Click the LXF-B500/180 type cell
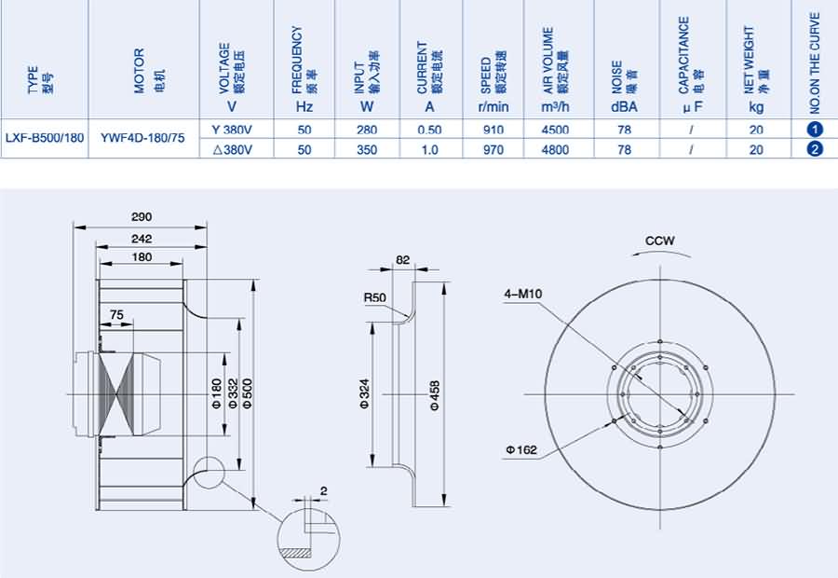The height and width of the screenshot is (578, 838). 45,138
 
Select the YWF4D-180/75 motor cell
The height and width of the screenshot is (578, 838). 142,138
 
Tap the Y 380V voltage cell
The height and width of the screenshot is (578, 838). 232,130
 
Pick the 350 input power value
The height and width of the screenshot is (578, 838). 367,150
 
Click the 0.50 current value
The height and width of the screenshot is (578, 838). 429,131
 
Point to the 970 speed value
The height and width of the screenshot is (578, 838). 493,150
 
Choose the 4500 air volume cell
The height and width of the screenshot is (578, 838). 555,131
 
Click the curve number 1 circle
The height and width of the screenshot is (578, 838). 815,130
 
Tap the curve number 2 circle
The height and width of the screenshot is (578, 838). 815,149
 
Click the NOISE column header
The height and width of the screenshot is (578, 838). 624,86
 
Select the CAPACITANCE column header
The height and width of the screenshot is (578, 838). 691,64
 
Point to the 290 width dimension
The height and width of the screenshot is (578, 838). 142,216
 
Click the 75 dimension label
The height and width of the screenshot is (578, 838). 116,315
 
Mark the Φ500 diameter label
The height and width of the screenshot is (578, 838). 247,394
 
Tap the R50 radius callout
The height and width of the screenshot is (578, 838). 374,297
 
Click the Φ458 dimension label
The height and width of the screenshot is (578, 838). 435,395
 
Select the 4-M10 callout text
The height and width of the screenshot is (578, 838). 523,294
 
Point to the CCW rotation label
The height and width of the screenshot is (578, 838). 660,241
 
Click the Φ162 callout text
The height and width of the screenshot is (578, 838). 521,450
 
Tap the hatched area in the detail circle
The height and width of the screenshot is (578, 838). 295,553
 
